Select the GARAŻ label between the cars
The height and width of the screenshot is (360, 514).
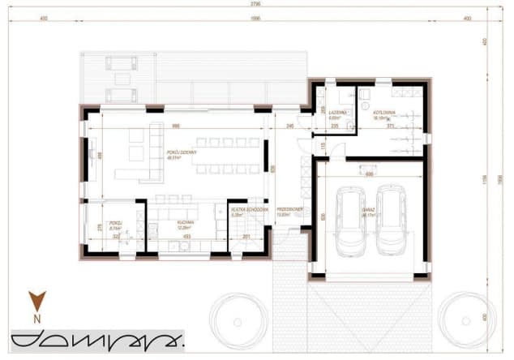(x=371, y=216)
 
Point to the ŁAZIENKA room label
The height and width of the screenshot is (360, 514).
(x=339, y=114)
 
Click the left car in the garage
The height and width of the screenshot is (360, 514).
(x=353, y=221)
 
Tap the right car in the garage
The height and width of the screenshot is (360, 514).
(x=392, y=221)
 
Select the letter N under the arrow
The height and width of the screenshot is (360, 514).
(x=36, y=319)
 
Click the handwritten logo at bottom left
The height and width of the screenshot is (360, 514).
(x=93, y=341)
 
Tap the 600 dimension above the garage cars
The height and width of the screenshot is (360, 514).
(x=369, y=174)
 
